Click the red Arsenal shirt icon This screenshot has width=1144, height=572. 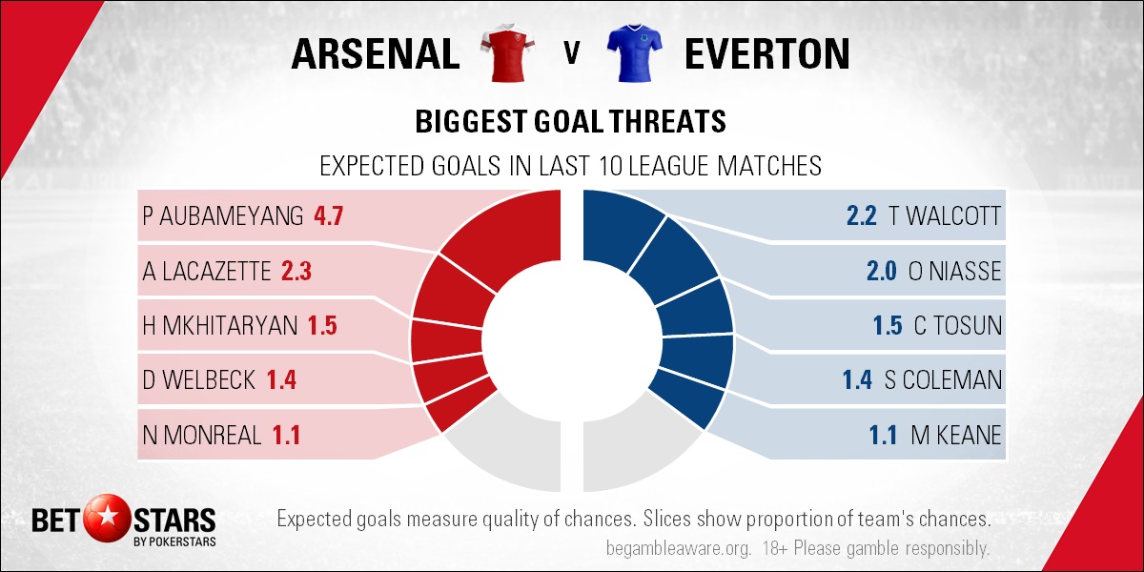[x=507, y=52]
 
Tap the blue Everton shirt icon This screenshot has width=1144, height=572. [x=634, y=52]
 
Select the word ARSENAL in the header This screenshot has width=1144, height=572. [x=376, y=53]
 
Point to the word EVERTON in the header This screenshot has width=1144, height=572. [x=767, y=53]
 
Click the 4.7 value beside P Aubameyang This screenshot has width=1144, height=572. [x=328, y=216]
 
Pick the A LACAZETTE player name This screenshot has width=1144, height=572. [x=206, y=271]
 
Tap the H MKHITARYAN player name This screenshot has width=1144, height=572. [x=219, y=326]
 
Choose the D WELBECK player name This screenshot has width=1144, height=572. [x=198, y=380]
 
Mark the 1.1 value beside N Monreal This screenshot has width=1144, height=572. [x=286, y=435]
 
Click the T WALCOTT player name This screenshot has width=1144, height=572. [x=945, y=216]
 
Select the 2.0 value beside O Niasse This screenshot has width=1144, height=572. [x=882, y=271]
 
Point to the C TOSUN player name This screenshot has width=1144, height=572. [x=957, y=326]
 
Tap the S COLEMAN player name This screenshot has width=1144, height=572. [x=943, y=380]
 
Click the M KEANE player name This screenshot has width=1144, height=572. [x=956, y=435]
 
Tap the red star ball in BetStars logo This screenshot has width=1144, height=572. [x=107, y=519]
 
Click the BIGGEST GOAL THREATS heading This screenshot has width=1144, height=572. [x=570, y=122]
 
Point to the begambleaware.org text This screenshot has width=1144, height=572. [x=678, y=548]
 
